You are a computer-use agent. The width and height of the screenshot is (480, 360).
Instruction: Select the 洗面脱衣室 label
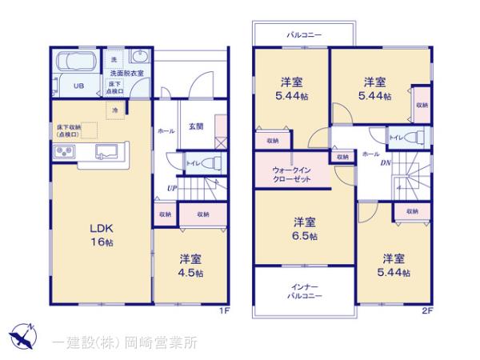click(127, 74)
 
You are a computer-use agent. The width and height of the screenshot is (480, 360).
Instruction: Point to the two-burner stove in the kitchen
click(65, 151)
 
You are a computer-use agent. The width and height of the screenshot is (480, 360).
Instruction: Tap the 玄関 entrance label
click(196, 126)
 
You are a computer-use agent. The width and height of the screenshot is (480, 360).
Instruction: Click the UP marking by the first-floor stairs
click(171, 189)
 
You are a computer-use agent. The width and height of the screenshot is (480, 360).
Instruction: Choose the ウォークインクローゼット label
click(292, 175)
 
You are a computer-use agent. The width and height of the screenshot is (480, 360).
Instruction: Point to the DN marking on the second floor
click(386, 163)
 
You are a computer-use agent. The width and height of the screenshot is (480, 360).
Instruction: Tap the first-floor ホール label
click(166, 130)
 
